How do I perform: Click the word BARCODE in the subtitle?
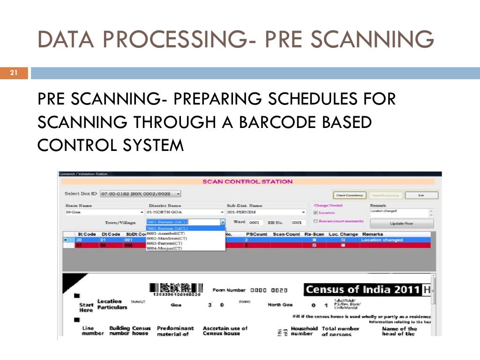pos(271,122)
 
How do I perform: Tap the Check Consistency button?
pos(349,195)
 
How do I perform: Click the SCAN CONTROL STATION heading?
pos(247,182)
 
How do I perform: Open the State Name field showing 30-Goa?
pos(104,212)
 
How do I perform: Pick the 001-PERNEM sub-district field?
pos(265,212)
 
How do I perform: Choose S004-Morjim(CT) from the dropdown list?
pos(164,248)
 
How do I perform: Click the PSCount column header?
pos(256,233)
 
